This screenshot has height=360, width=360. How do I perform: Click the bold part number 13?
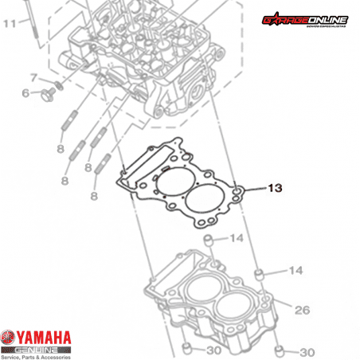click(275, 189)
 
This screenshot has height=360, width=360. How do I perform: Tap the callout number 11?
click(9, 24)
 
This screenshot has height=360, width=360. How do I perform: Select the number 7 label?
click(33, 77)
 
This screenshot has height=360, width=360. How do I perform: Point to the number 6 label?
click(25, 93)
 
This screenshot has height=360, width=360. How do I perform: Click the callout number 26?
click(303, 310)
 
